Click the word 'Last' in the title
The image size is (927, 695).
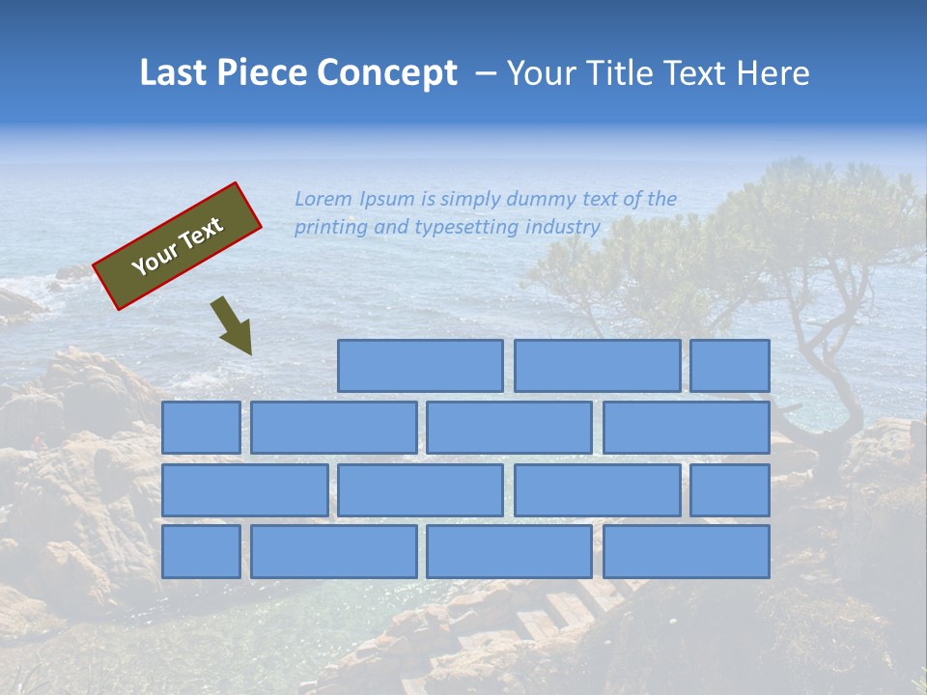(174, 73)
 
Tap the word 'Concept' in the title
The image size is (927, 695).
(387, 73)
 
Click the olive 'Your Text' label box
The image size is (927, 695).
(178, 246)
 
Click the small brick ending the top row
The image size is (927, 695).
(730, 366)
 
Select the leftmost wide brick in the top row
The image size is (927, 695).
(420, 366)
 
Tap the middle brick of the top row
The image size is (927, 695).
(597, 366)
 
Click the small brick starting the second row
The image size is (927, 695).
(201, 428)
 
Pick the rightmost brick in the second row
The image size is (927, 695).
(687, 428)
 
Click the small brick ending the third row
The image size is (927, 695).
(730, 490)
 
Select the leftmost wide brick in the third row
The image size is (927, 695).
(244, 490)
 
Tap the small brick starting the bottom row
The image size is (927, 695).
(201, 552)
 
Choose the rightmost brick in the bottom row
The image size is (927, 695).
(687, 552)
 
